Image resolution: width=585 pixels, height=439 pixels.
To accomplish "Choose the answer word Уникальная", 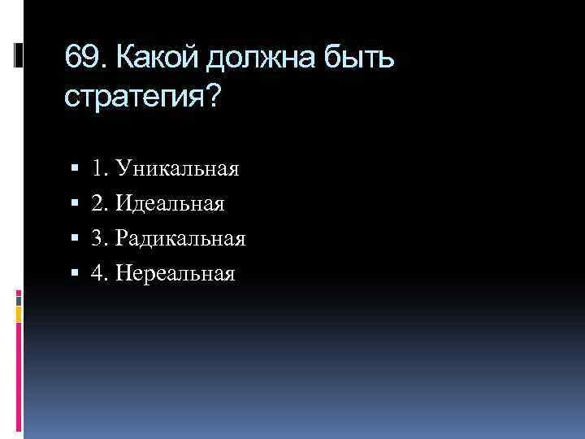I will pyautogui.click(x=177, y=169).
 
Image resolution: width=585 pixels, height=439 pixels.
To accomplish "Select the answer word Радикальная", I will pyautogui.click(x=180, y=239).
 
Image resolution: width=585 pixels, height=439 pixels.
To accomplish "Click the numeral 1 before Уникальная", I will pyautogui.click(x=97, y=169).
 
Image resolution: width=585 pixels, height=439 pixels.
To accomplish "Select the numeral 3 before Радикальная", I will pyautogui.click(x=97, y=239).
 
